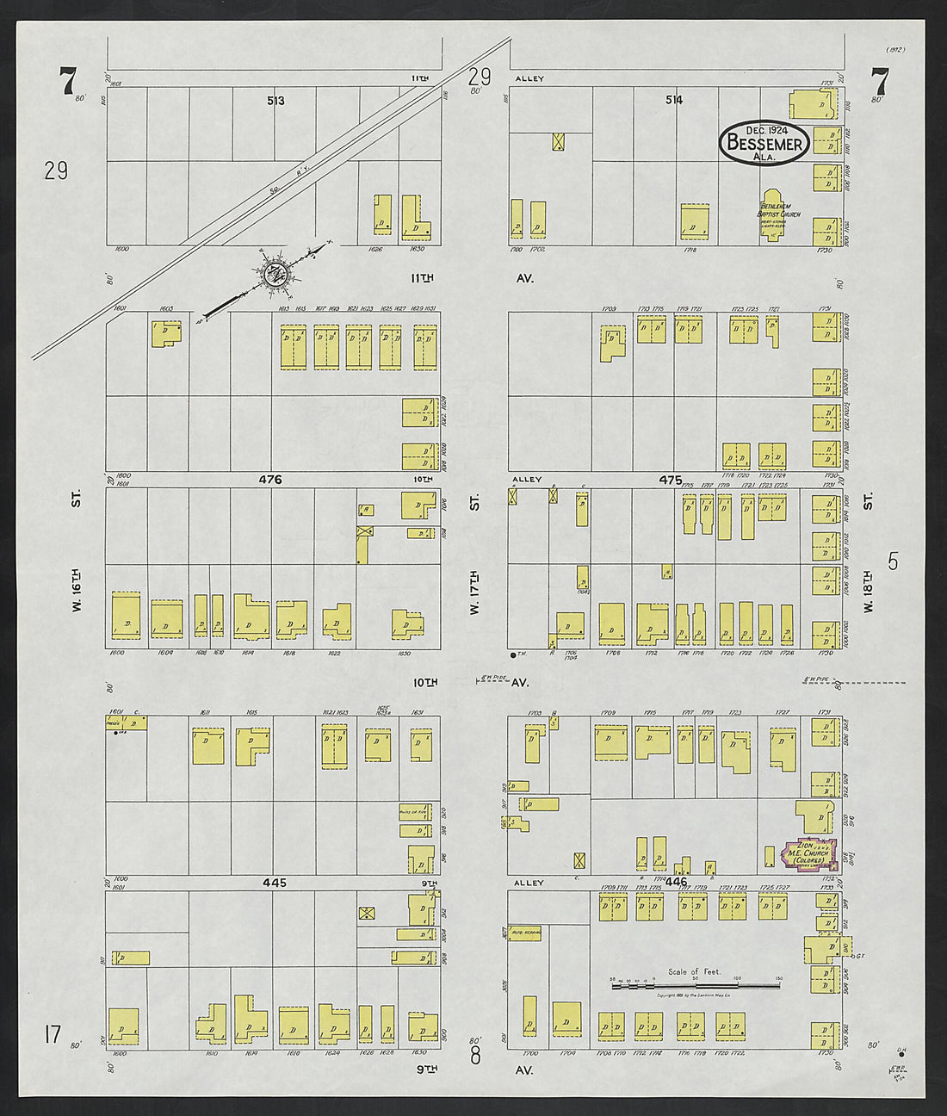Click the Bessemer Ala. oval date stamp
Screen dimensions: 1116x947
pos(764,143)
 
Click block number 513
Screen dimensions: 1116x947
pos(275,101)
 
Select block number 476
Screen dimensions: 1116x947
pos(275,480)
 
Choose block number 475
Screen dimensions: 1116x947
pos(670,480)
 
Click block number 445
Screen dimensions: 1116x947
pos(275,883)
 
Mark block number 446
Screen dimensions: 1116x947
pos(677,883)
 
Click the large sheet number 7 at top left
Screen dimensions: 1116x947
pos(67,82)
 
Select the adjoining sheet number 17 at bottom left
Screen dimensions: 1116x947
pos(53,1033)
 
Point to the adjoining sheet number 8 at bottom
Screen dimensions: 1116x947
pos(475,1053)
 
